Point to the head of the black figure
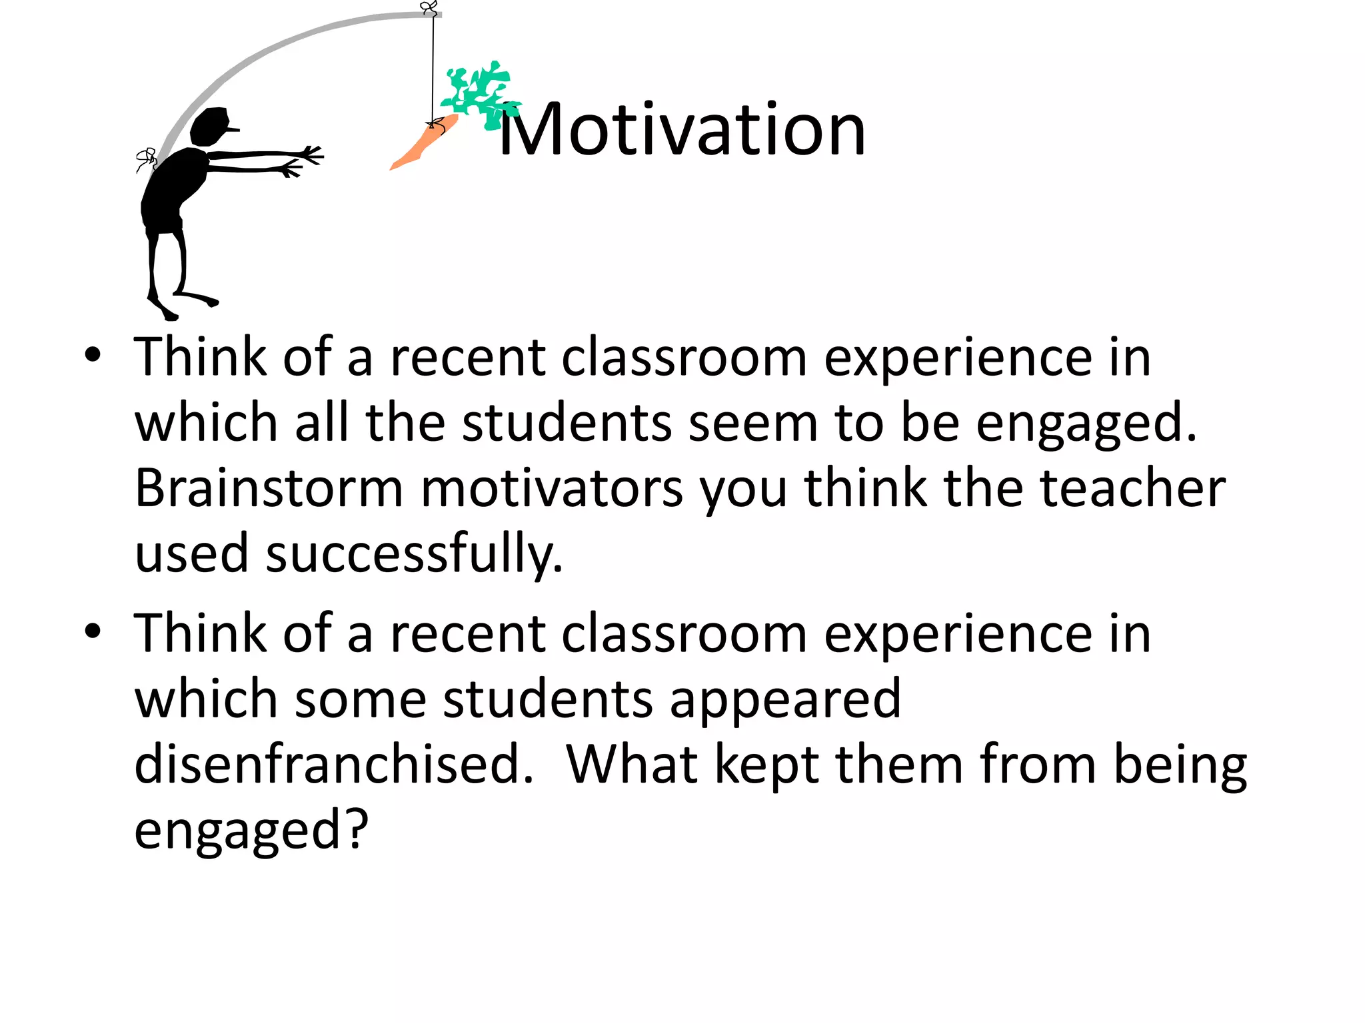point(212,126)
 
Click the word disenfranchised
point(333,764)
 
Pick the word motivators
point(552,488)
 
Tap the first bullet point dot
point(93,355)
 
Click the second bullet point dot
point(93,631)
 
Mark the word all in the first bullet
point(322,423)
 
